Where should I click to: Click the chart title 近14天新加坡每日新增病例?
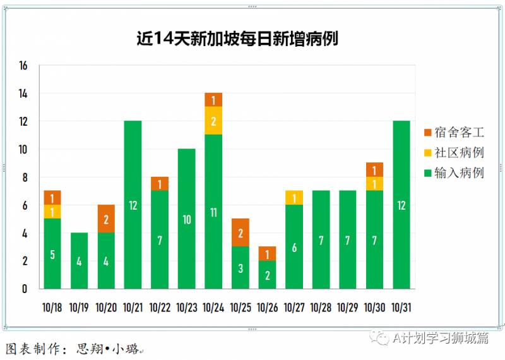(x=237, y=39)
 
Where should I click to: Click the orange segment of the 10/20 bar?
(x=106, y=219)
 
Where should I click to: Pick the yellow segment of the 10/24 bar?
(x=213, y=121)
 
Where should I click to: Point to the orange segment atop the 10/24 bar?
(x=213, y=100)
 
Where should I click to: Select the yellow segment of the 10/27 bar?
(x=294, y=198)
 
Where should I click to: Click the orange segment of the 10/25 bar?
(x=241, y=232)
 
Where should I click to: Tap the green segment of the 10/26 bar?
(x=267, y=275)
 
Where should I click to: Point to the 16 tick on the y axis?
(x=24, y=66)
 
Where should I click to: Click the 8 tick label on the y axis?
(x=25, y=177)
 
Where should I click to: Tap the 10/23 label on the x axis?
(x=186, y=308)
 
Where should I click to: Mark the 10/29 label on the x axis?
(x=348, y=308)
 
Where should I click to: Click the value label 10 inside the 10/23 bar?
(x=187, y=220)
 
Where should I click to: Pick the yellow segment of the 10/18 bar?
(x=52, y=212)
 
